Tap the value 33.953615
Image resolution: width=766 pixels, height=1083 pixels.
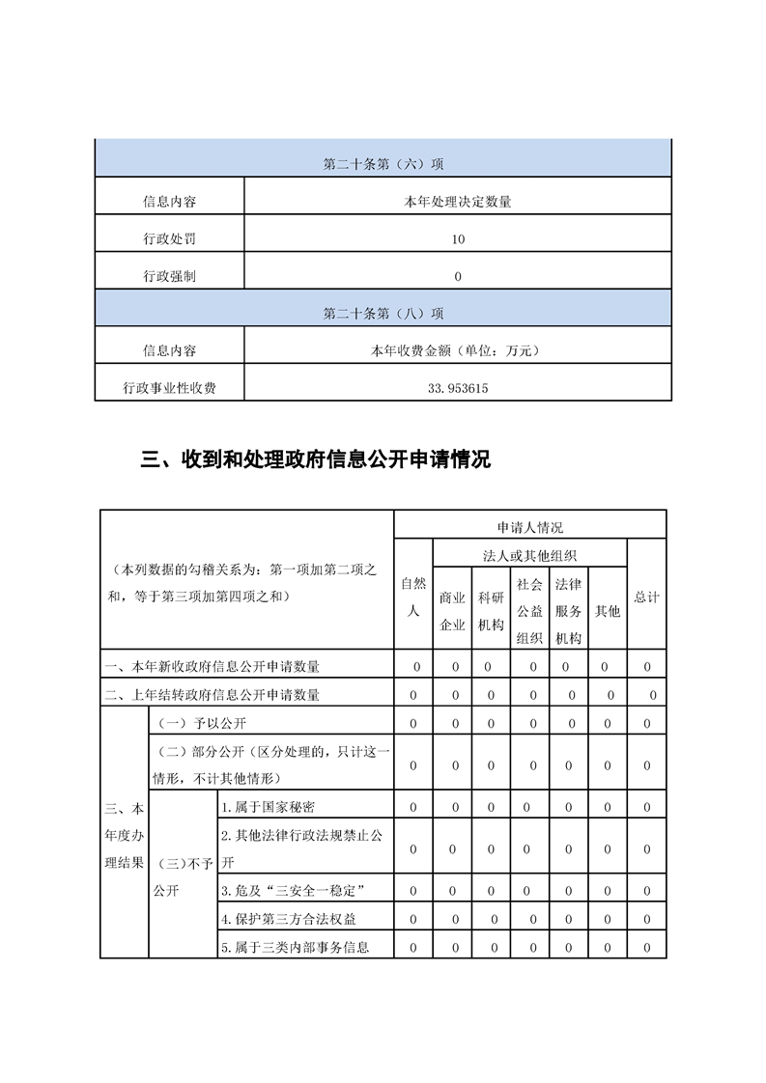click(x=458, y=388)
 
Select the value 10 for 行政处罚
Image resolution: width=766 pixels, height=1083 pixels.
click(x=458, y=239)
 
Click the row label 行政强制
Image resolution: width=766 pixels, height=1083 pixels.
click(x=169, y=276)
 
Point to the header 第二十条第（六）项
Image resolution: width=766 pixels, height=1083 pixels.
click(x=383, y=164)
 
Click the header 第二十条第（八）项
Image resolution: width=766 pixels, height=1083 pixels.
click(x=383, y=314)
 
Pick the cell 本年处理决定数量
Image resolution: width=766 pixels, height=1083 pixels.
click(x=458, y=203)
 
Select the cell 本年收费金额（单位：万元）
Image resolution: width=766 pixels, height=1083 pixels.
click(x=458, y=351)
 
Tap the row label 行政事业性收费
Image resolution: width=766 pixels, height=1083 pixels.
click(x=169, y=388)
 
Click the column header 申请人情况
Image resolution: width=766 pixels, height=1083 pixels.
click(x=529, y=527)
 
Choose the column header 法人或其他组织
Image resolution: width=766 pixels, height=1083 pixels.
click(x=529, y=555)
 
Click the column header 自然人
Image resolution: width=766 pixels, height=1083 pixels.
click(x=413, y=597)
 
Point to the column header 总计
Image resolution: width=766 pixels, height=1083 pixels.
click(x=646, y=597)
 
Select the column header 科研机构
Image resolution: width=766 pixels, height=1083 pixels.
click(x=491, y=611)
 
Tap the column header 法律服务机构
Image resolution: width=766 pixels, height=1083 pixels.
click(x=568, y=611)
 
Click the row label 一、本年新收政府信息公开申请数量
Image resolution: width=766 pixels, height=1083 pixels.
click(x=213, y=666)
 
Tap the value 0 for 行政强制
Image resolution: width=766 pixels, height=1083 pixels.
click(x=458, y=276)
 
